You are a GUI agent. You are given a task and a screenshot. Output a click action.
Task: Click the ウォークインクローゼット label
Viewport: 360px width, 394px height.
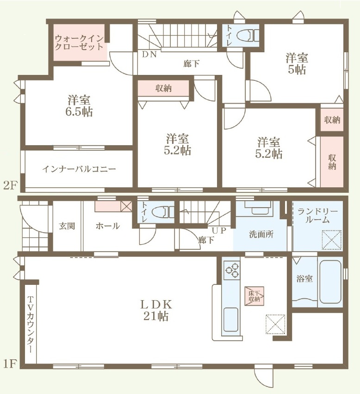(79, 43)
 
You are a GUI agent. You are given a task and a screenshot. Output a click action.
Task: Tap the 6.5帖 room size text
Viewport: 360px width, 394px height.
(79, 111)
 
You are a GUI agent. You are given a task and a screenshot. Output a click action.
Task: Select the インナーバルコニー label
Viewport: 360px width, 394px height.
(79, 169)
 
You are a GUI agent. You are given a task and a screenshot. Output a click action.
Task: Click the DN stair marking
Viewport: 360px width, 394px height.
(149, 55)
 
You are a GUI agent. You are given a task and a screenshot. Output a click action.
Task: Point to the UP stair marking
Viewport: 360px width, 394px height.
(219, 230)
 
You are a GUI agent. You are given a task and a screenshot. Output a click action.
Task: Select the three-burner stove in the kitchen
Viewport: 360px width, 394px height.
(232, 270)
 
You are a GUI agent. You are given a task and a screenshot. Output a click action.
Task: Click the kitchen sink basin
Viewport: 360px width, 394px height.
(230, 320)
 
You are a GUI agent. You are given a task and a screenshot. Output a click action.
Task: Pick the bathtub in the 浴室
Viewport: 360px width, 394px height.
(330, 282)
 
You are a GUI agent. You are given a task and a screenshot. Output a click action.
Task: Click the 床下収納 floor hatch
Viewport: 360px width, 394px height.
(254, 296)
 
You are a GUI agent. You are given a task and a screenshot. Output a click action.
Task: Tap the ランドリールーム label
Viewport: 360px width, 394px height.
(317, 215)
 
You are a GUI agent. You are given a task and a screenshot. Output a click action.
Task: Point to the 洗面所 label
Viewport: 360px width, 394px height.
(261, 234)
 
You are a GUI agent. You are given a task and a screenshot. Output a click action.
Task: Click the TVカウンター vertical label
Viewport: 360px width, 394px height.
(30, 325)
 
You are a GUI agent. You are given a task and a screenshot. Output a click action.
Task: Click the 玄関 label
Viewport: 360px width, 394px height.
(67, 226)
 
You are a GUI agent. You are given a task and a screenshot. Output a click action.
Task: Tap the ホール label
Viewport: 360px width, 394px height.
(108, 226)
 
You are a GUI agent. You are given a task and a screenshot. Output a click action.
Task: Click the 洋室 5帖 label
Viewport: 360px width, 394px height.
(297, 63)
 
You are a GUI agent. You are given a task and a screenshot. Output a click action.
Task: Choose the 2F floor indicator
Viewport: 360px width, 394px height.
(10, 186)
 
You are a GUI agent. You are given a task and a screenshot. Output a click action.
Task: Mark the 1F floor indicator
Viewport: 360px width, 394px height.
(10, 363)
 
